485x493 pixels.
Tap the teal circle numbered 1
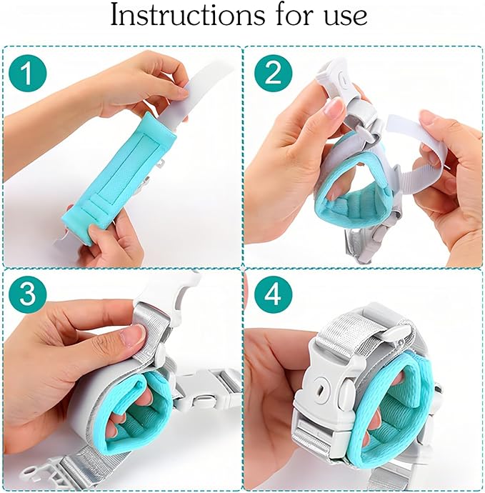click(28, 74)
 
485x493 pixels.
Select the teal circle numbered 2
click(273, 74)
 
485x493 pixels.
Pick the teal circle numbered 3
click(28, 294)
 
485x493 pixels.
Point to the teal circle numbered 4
click(273, 294)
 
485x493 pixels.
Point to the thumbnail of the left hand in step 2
click(333, 107)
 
